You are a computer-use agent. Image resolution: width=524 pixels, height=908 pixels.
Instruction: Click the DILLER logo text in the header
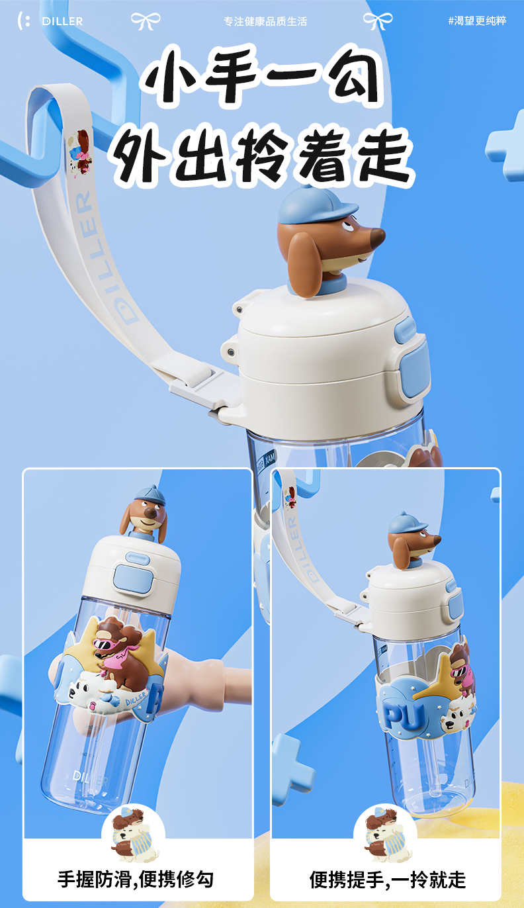[62, 21]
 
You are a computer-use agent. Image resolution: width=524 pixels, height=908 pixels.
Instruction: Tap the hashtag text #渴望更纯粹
[477, 21]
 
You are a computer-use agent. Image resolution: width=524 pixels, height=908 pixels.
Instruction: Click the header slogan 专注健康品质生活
[265, 21]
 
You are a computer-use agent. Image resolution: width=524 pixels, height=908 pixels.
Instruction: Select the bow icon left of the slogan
[146, 21]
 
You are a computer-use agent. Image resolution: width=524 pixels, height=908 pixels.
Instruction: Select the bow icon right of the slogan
[378, 21]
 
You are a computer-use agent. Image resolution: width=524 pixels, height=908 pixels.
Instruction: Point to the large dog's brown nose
[377, 237]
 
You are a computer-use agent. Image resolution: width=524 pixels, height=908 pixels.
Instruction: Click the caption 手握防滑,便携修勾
[136, 880]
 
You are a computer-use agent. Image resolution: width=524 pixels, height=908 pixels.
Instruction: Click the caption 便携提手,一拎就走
[388, 880]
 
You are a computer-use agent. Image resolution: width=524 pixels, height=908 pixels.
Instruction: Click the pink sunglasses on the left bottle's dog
[106, 644]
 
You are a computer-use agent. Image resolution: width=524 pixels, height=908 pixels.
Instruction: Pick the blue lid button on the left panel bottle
[133, 578]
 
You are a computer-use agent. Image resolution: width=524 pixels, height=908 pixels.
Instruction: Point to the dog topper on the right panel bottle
[412, 540]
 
